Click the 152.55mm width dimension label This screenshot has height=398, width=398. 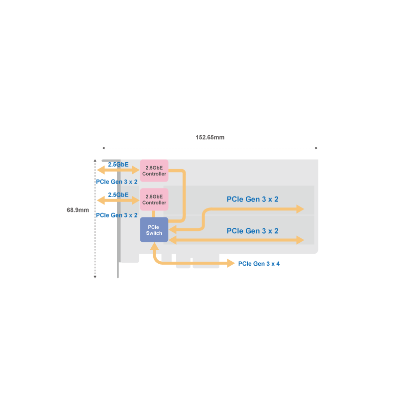tap(209, 137)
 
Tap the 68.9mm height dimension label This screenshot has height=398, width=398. tap(78, 210)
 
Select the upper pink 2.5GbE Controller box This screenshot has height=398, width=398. tap(154, 171)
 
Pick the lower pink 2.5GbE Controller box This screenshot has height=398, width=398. tap(154, 199)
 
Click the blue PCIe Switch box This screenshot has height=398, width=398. tap(154, 230)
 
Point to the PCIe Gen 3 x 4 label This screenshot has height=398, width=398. tap(259, 264)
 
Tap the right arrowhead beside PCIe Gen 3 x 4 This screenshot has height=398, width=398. tap(231, 263)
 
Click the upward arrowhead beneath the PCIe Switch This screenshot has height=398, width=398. tap(155, 246)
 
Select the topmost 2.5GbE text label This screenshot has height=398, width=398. tap(118, 164)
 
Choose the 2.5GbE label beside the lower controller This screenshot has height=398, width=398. tap(118, 195)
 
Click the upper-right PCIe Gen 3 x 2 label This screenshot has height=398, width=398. tap(252, 199)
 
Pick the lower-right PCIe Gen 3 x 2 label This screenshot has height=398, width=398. tap(252, 231)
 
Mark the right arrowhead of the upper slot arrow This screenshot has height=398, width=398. tap(300, 209)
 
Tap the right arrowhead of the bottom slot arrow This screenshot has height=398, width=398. tap(300, 240)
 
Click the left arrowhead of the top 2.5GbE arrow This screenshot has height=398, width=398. tap(99, 171)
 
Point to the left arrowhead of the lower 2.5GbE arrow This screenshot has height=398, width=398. tap(99, 200)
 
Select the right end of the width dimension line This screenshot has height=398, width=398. tap(316, 148)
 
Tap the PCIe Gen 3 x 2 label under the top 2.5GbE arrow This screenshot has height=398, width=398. tap(116, 182)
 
